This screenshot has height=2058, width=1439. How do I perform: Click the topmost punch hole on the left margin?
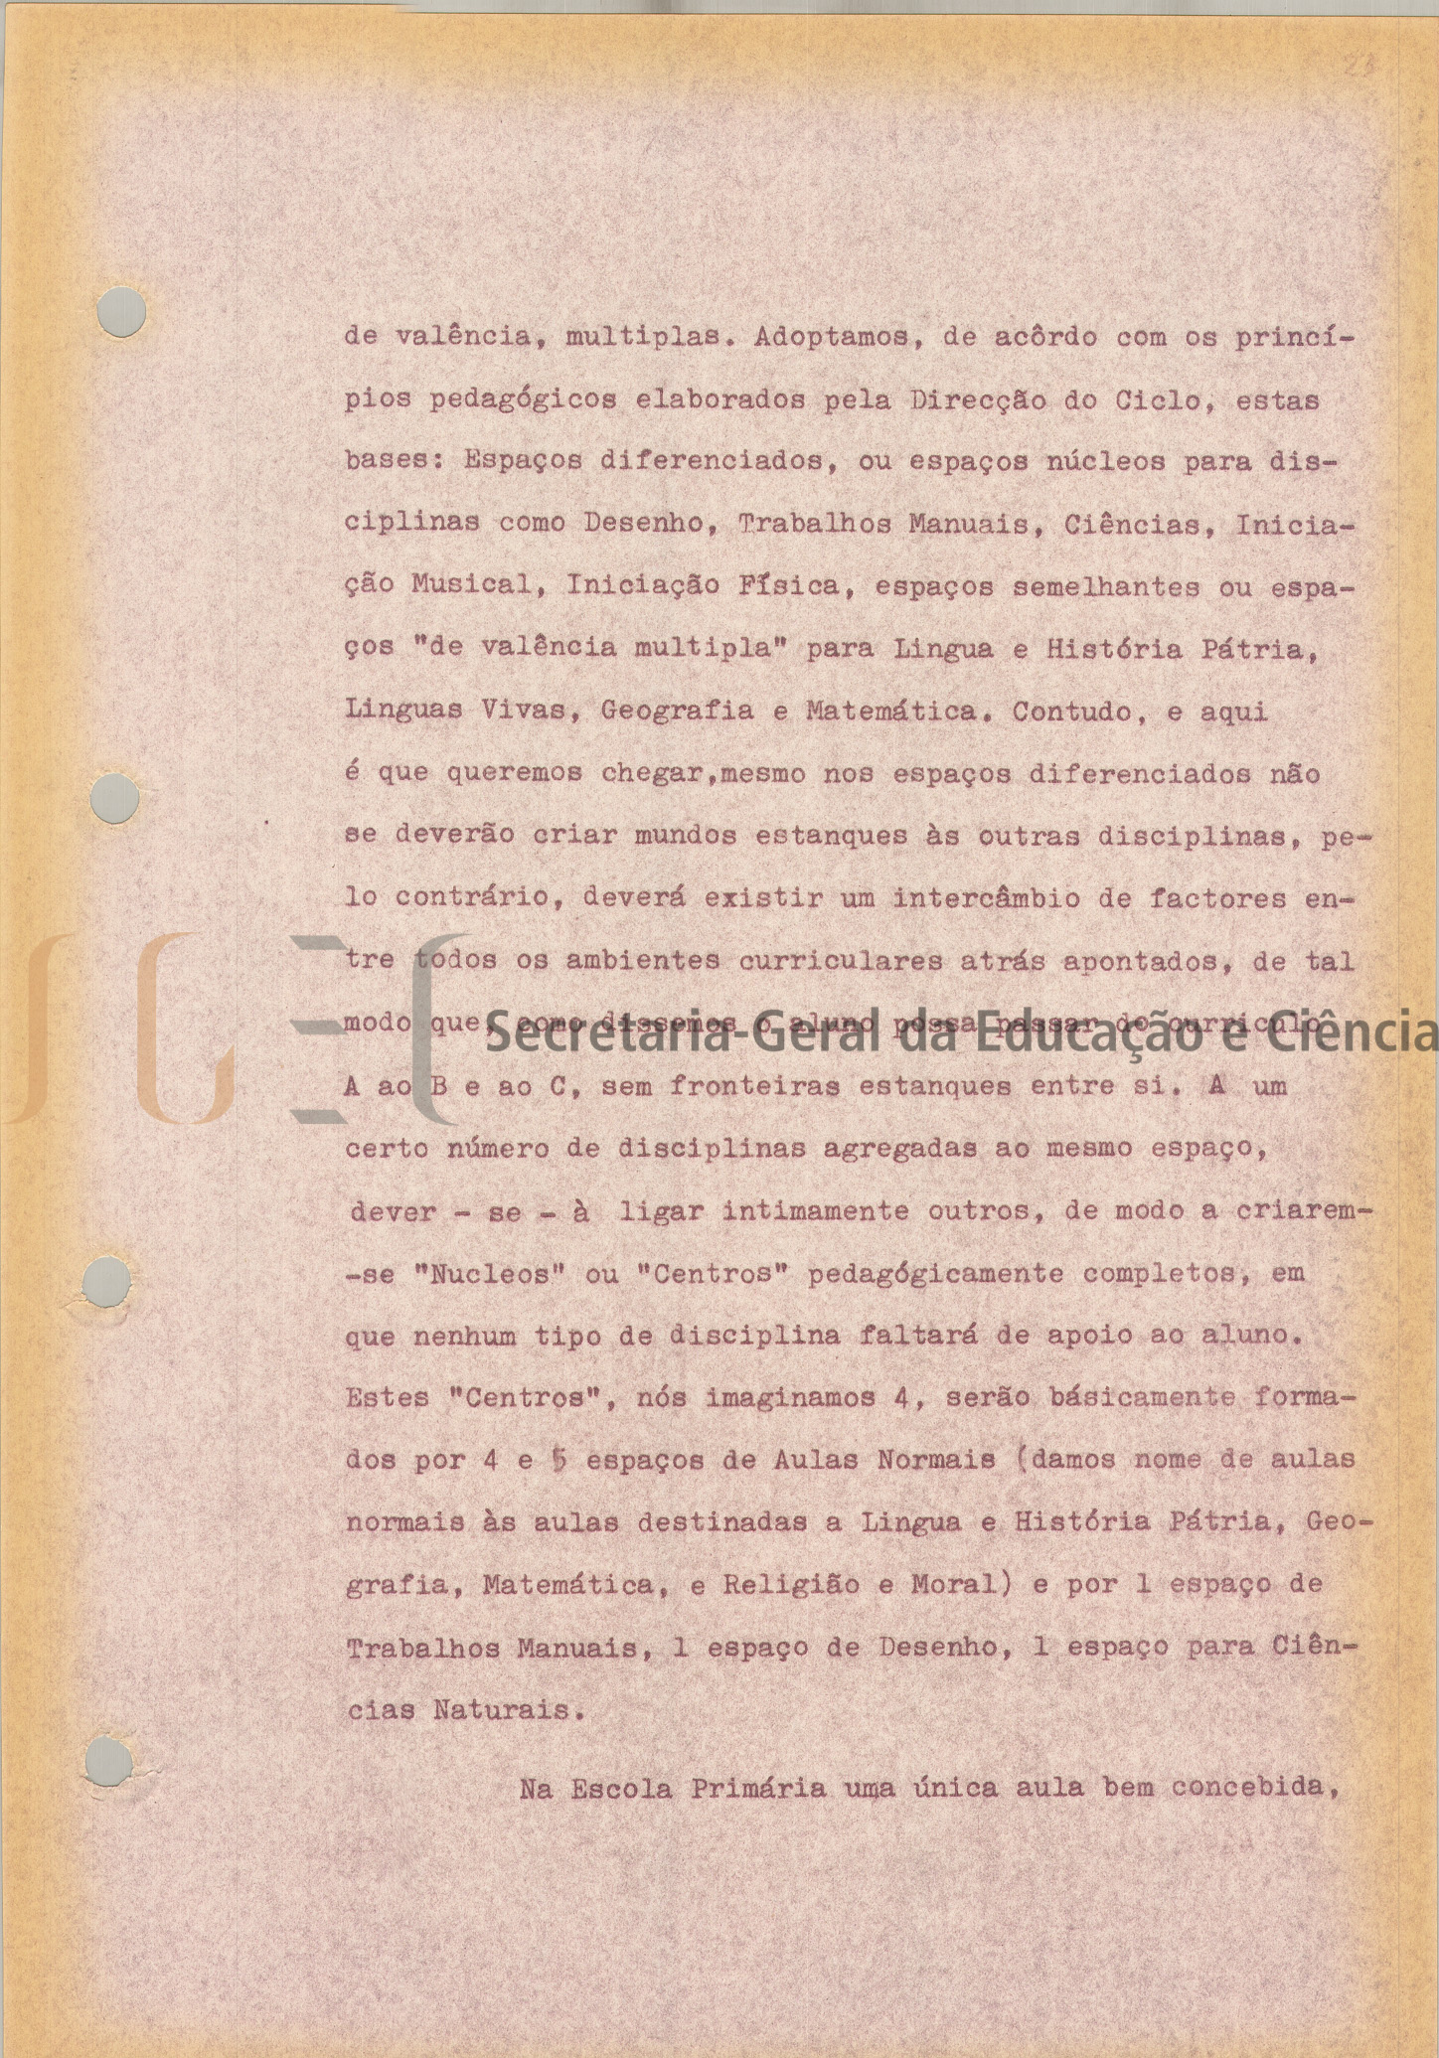point(123,311)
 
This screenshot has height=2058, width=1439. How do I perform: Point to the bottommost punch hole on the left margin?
point(109,1761)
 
